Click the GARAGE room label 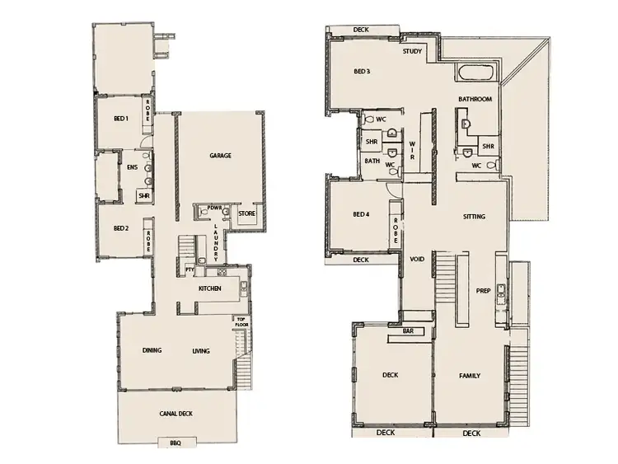point(219,155)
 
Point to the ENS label point(132,167)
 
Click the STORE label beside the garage point(246,214)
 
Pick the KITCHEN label point(211,288)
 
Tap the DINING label point(151,351)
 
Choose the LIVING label point(201,351)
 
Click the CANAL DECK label point(176,414)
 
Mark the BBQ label point(175,443)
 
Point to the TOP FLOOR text point(241,321)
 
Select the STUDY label point(412,52)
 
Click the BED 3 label point(361,72)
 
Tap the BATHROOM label point(475,99)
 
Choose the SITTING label point(474,217)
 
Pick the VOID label point(417,260)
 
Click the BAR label point(408,331)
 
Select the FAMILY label point(469,376)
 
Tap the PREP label point(484,290)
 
